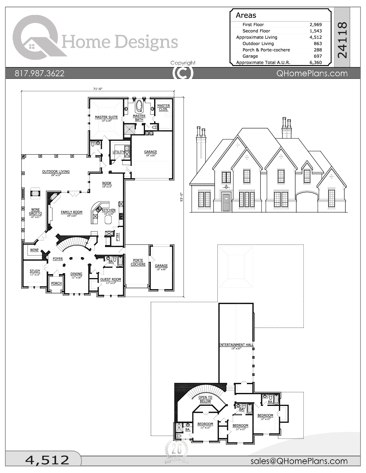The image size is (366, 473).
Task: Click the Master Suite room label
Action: coord(106,117)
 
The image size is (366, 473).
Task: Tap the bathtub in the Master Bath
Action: coord(139,106)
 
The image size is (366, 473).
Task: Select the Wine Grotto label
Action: coord(35,212)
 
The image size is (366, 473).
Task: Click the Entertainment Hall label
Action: coord(236,345)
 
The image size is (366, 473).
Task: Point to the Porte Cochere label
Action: coord(138,262)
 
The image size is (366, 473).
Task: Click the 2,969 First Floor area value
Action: coord(315,25)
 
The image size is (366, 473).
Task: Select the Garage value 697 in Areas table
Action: coord(318,56)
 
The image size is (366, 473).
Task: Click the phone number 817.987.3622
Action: coord(40,73)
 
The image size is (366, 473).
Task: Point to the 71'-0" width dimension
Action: coord(98,89)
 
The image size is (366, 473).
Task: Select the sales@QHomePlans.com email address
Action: coord(299,461)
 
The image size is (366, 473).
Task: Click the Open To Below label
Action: coord(205,399)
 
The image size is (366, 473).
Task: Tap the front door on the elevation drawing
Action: coord(226,202)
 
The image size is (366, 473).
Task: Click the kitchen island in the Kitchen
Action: coord(109,220)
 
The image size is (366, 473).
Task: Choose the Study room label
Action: coord(35,271)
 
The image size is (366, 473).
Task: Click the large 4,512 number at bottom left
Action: coord(47,460)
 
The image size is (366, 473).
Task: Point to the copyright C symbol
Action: coord(183,73)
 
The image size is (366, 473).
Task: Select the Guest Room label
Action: coord(111,279)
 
